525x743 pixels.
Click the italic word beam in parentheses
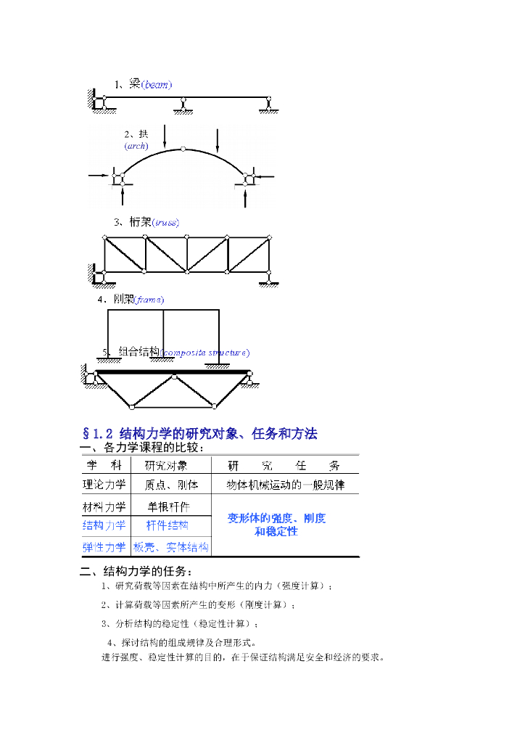click(157, 85)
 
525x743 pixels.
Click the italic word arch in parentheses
click(136, 146)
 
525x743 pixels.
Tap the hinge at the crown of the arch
click(183, 149)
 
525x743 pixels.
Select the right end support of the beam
click(270, 106)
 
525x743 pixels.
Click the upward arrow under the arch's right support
click(247, 196)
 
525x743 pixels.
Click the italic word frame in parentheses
click(149, 300)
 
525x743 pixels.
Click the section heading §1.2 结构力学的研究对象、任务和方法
click(200, 434)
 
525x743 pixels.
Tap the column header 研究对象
click(167, 466)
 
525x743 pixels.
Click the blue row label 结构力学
click(104, 525)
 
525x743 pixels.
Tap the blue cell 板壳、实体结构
click(171, 547)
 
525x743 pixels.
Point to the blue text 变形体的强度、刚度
click(276, 518)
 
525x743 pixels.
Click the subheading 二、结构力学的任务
click(136, 570)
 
